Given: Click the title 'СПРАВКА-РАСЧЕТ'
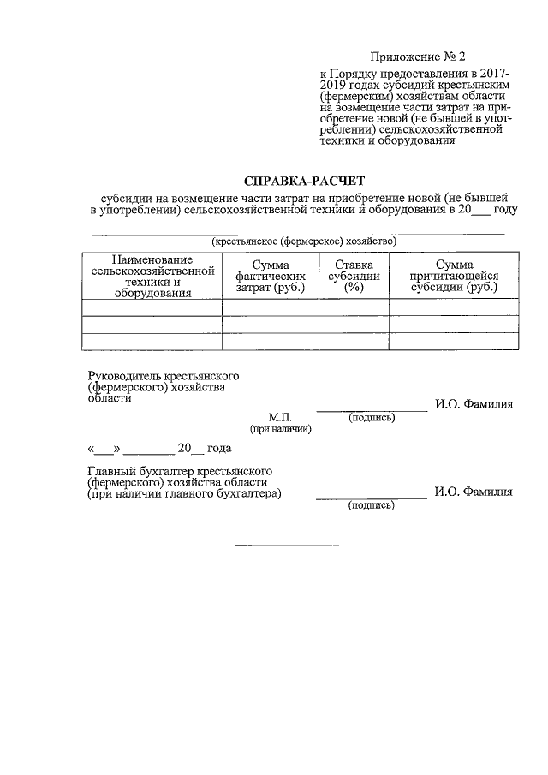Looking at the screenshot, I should (304, 182).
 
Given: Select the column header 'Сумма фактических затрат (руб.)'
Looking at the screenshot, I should (270, 277).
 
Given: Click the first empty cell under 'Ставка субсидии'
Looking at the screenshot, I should (354, 307).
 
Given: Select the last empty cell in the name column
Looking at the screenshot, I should (152, 341).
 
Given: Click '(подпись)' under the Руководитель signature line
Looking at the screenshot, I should (372, 418).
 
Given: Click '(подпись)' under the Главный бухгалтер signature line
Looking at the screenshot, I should (372, 505).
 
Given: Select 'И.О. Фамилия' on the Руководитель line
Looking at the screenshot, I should (474, 405).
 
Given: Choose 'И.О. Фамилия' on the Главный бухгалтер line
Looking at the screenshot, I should (474, 492).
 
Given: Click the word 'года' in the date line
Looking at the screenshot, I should (213, 448).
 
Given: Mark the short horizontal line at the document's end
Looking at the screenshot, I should (290, 545).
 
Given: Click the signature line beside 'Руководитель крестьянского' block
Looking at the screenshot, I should (372, 411).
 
